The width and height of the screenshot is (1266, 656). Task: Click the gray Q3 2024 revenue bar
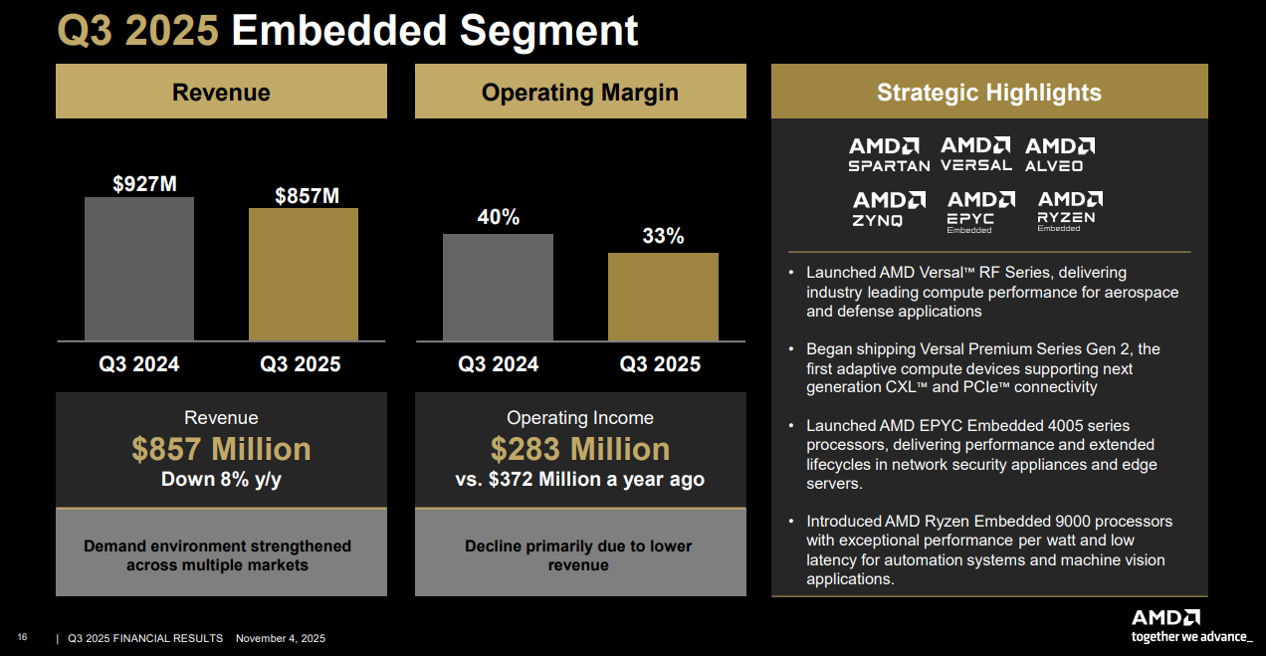(139, 269)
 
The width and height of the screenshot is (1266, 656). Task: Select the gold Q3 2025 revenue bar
(304, 274)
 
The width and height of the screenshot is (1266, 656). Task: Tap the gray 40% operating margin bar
(498, 287)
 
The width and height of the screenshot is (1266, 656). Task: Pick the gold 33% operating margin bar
(663, 297)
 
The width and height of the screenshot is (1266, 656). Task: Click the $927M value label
(144, 184)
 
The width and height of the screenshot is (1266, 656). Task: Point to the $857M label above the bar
(308, 196)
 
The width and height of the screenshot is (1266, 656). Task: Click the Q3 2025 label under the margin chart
(660, 364)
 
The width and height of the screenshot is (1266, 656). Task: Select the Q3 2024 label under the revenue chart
(139, 364)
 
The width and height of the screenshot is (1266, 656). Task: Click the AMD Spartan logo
(889, 154)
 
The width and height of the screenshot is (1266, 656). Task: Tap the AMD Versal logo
(976, 154)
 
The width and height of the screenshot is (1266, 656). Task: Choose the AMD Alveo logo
(1060, 154)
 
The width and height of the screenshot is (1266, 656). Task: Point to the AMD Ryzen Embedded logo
(1069, 210)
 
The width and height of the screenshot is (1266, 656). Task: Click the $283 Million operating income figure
(579, 449)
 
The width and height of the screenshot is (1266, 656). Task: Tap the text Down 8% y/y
(221, 480)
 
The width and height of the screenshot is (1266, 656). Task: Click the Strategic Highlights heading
(988, 93)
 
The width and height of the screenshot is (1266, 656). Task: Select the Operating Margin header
(579, 93)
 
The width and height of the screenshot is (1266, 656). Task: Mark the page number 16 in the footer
(22, 637)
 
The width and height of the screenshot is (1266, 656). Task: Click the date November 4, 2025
(280, 638)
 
